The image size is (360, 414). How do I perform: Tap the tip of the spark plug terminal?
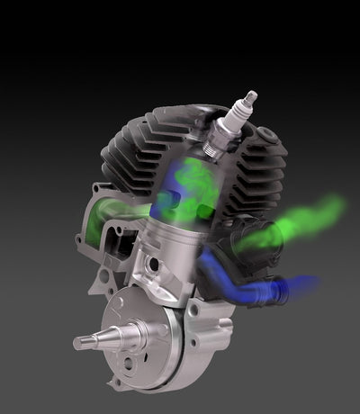point(250,94)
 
